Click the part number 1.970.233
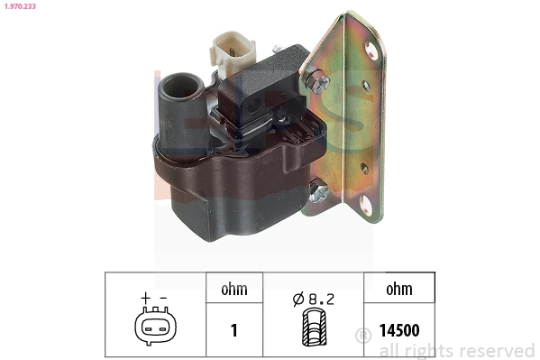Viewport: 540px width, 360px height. [21, 7]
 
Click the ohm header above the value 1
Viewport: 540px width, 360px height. [233, 290]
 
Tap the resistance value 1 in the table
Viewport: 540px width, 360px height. [233, 330]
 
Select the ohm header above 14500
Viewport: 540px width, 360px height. [398, 290]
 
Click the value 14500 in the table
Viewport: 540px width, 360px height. [398, 330]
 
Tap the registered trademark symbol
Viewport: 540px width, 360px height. [363, 336]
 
